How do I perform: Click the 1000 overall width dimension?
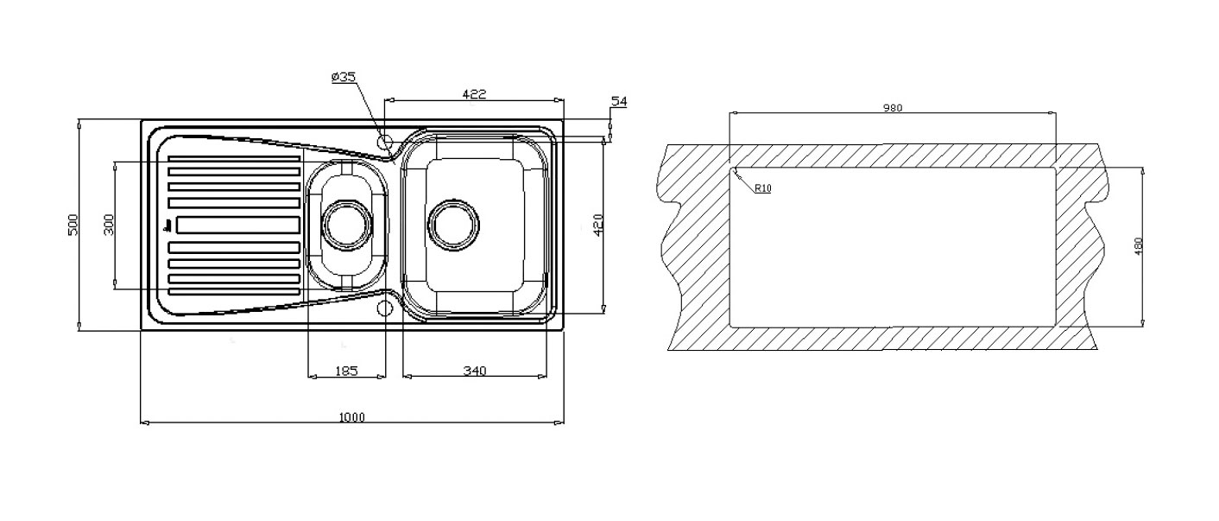tap(352, 417)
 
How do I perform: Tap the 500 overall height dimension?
tap(73, 225)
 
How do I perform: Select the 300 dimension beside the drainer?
tap(109, 225)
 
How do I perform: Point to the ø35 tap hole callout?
tap(344, 77)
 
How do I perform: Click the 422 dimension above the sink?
tap(474, 93)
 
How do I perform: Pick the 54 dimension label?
tap(619, 101)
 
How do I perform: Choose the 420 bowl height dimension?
tap(598, 225)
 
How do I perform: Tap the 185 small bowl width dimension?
tap(346, 371)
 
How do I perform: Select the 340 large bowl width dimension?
tap(475, 371)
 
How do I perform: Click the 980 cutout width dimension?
tap(893, 108)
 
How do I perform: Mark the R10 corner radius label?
tap(763, 188)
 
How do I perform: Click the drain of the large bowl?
tap(453, 225)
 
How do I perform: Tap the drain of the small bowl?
tap(347, 225)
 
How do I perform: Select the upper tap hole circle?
tap(385, 142)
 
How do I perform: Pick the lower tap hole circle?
tap(385, 308)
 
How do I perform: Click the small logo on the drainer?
tap(167, 226)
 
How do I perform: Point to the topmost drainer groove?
tap(234, 159)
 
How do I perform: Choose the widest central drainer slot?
tap(237, 225)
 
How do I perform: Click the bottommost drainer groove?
tap(234, 292)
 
